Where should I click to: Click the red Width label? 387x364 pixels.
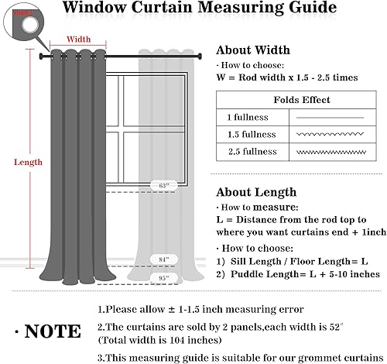point(78,38)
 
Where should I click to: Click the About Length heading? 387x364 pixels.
point(255,192)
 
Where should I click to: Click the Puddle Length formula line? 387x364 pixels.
point(297,273)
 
